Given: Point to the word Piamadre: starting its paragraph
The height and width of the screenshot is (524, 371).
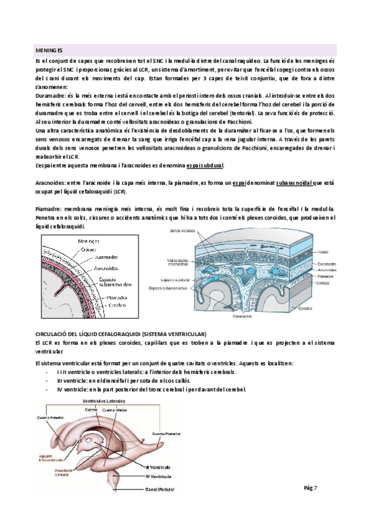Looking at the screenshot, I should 50,210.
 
